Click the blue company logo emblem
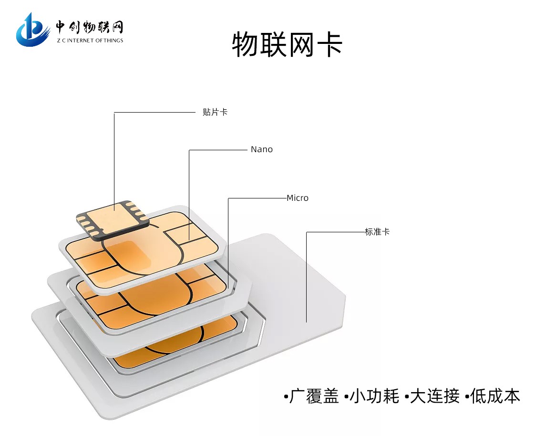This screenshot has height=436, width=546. pyautogui.click(x=32, y=31)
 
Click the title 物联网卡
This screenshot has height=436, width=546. pyautogui.click(x=287, y=44)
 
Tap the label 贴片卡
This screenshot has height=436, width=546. pyautogui.click(x=215, y=112)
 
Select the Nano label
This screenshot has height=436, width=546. pyautogui.click(x=261, y=149)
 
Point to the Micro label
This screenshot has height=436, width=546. pyautogui.click(x=298, y=198)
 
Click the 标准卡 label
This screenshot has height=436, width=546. pyautogui.click(x=377, y=231)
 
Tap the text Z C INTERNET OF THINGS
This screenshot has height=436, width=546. pyautogui.click(x=90, y=41)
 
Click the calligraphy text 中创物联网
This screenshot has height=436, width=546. pyautogui.click(x=90, y=27)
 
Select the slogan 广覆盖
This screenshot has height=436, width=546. pyautogui.click(x=314, y=396)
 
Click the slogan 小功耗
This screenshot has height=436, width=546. pyautogui.click(x=374, y=396)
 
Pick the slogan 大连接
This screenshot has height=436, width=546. pyautogui.click(x=434, y=396)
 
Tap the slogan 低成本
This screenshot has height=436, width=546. pyautogui.click(x=495, y=396)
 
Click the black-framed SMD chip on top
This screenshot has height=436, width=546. pyautogui.click(x=113, y=219)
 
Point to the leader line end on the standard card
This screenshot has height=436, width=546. pyautogui.click(x=307, y=322)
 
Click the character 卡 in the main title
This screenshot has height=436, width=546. pyautogui.click(x=330, y=44)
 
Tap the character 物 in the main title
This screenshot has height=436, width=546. pyautogui.click(x=245, y=44)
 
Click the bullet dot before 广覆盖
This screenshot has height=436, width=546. pyautogui.click(x=286, y=397)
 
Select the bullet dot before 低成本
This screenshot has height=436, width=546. pyautogui.click(x=467, y=397)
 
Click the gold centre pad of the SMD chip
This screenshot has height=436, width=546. pyautogui.click(x=111, y=218)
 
